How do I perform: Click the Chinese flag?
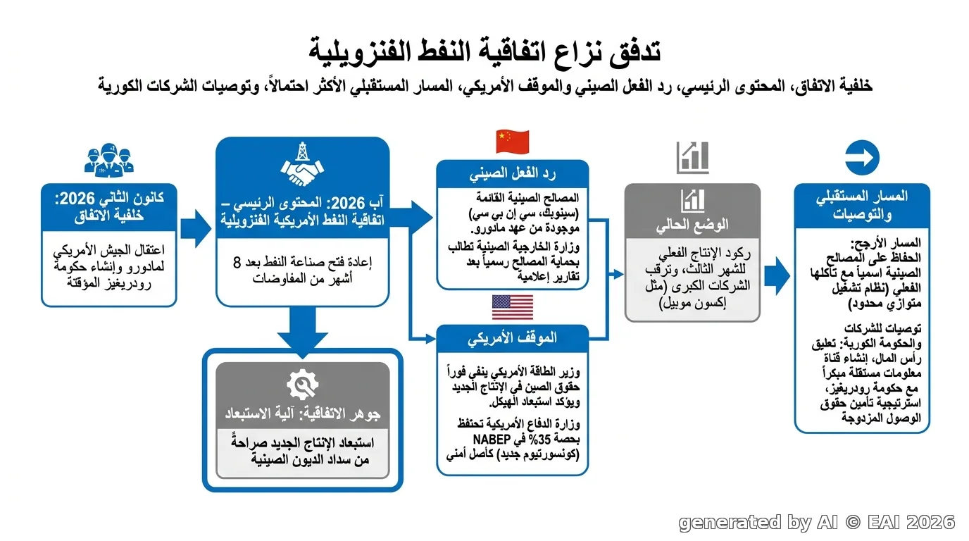(x=512, y=142)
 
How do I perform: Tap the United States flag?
(x=512, y=307)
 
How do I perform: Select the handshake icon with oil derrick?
(x=302, y=164)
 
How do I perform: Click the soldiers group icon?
(x=109, y=161)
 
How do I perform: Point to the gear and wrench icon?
(x=302, y=385)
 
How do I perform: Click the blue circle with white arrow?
(x=862, y=158)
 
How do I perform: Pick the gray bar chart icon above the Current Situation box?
(x=692, y=158)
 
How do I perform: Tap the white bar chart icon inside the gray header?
(x=692, y=201)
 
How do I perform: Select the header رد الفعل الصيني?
(x=512, y=174)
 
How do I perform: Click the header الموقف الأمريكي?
(x=512, y=338)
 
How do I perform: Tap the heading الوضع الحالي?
(x=692, y=225)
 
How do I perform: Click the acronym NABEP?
(x=492, y=440)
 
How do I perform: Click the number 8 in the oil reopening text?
(x=237, y=262)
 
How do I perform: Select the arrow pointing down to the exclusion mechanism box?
(x=302, y=332)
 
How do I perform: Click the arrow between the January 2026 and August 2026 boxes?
(x=196, y=228)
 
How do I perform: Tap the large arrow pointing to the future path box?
(x=777, y=275)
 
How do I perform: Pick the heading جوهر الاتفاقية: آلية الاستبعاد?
(x=302, y=413)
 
